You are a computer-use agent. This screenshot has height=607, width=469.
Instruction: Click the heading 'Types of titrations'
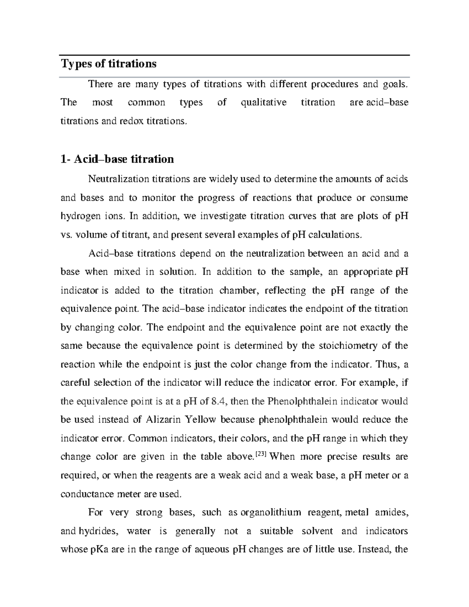point(108,64)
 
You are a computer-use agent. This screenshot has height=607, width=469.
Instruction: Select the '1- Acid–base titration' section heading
point(117,159)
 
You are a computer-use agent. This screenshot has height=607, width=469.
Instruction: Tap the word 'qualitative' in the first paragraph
point(263,102)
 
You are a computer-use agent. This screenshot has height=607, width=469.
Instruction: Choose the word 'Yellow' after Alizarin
point(200,420)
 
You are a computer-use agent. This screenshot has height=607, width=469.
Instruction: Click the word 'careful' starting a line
point(74,383)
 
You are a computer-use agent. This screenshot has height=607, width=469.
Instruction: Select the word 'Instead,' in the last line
point(375,550)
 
